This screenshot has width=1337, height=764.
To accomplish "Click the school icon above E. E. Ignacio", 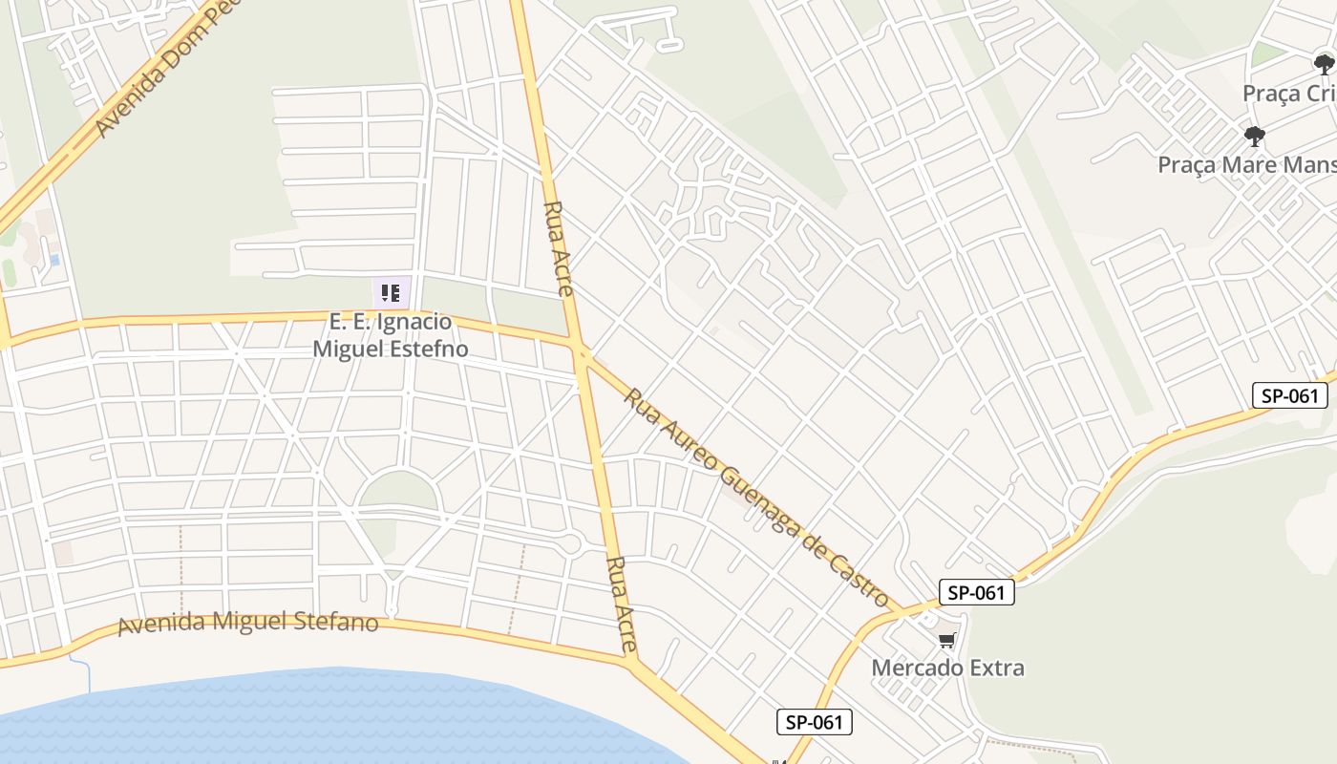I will click(391, 292).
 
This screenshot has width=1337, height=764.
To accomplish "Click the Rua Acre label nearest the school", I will click(558, 248).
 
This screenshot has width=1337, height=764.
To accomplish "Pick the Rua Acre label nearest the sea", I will click(622, 605).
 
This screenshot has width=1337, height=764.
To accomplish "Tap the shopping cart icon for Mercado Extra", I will click(946, 641).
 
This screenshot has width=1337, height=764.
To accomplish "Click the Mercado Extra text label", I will click(947, 668).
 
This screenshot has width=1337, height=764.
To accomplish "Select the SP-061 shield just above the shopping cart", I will click(976, 593).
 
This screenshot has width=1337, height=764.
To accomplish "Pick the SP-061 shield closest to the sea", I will click(815, 722).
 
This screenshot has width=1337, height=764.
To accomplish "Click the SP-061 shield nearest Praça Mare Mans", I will click(1289, 395).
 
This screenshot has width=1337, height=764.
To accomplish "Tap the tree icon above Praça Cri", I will click(1323, 65).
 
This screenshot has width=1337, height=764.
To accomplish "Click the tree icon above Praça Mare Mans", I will click(1255, 137).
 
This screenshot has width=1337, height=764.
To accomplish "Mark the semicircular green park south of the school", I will click(398, 492).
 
